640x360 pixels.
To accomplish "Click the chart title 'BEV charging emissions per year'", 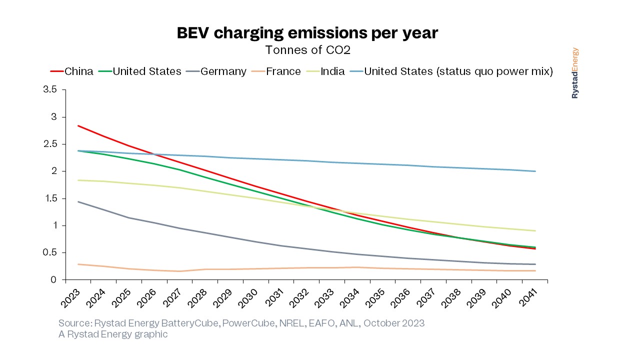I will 307,33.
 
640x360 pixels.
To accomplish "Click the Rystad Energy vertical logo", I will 575,73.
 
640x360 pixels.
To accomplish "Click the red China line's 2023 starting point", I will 77,126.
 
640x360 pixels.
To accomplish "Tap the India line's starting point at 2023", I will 77,180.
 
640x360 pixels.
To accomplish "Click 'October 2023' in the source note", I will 394,323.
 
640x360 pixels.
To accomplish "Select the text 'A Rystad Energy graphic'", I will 113,334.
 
